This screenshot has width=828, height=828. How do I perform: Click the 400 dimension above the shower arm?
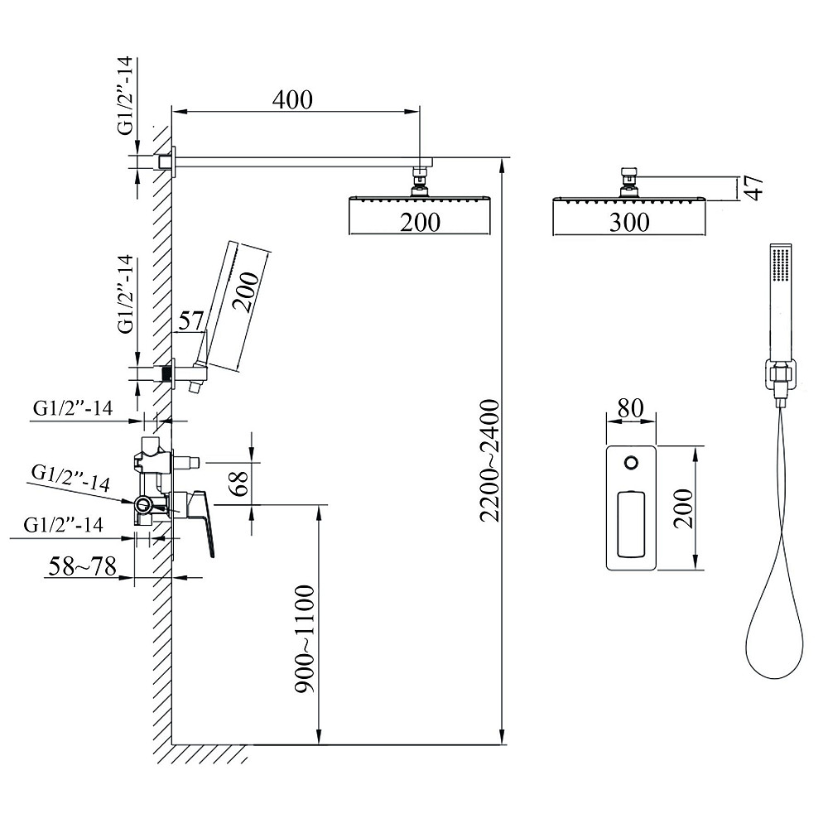(x=292, y=99)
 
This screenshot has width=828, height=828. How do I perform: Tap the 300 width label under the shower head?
(x=629, y=222)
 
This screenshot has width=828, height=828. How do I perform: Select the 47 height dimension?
(x=756, y=188)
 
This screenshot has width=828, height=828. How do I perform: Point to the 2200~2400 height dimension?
(x=489, y=460)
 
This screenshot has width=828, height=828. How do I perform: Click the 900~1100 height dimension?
(x=305, y=638)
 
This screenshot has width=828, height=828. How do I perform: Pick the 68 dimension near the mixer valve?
(x=240, y=483)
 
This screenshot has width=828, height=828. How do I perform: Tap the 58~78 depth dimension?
(x=82, y=566)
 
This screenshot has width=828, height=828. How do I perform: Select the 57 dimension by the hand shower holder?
(x=190, y=320)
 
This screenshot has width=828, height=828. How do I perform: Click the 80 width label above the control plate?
(x=630, y=407)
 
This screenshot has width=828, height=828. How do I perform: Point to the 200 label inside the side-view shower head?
(x=420, y=222)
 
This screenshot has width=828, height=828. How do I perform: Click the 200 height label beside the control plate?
(x=683, y=508)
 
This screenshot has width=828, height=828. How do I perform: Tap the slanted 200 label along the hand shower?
(x=246, y=292)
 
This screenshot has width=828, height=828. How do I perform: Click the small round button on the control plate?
(x=631, y=463)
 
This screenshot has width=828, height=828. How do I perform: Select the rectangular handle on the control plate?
(x=631, y=524)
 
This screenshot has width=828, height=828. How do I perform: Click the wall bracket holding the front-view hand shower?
(x=779, y=375)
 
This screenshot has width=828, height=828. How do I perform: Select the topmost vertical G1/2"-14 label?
(x=126, y=96)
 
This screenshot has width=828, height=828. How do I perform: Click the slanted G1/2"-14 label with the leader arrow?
(x=70, y=477)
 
